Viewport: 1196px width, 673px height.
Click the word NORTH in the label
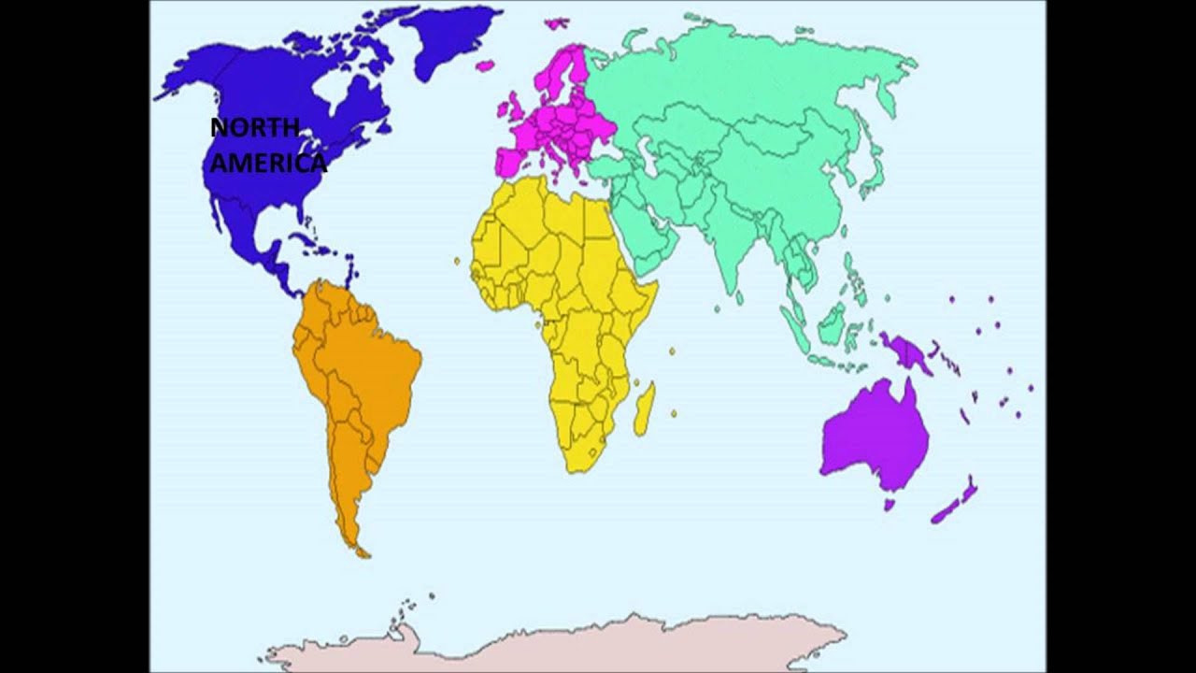tap(254, 128)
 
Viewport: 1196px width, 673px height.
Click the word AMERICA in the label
tap(268, 164)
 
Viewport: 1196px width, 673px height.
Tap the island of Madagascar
tap(643, 409)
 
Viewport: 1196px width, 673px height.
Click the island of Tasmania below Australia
tap(890, 505)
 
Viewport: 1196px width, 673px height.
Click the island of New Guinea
tap(904, 353)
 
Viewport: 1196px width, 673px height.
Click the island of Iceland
tap(485, 65)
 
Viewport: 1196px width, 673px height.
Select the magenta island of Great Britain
tap(517, 107)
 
